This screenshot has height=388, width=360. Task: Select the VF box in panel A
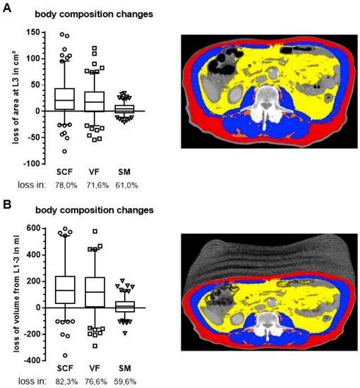click(x=94, y=102)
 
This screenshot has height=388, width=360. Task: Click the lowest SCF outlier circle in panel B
click(x=65, y=355)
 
